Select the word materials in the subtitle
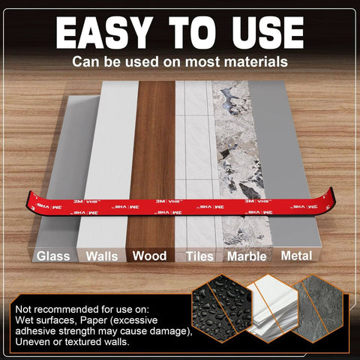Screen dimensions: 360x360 pos(256,61)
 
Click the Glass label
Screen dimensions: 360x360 pos(53,256)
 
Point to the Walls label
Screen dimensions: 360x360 pos(102,256)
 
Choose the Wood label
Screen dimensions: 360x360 pos(149,256)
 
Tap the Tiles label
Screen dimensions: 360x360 pos(199,256)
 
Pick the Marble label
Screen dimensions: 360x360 pos(247,256)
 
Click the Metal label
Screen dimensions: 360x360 pos(296,256)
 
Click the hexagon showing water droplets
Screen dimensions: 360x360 pos(222,308)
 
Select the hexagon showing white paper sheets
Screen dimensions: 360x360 pos(272,308)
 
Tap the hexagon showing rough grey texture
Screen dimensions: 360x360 pos(317,308)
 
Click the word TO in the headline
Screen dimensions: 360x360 pos(192,33)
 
